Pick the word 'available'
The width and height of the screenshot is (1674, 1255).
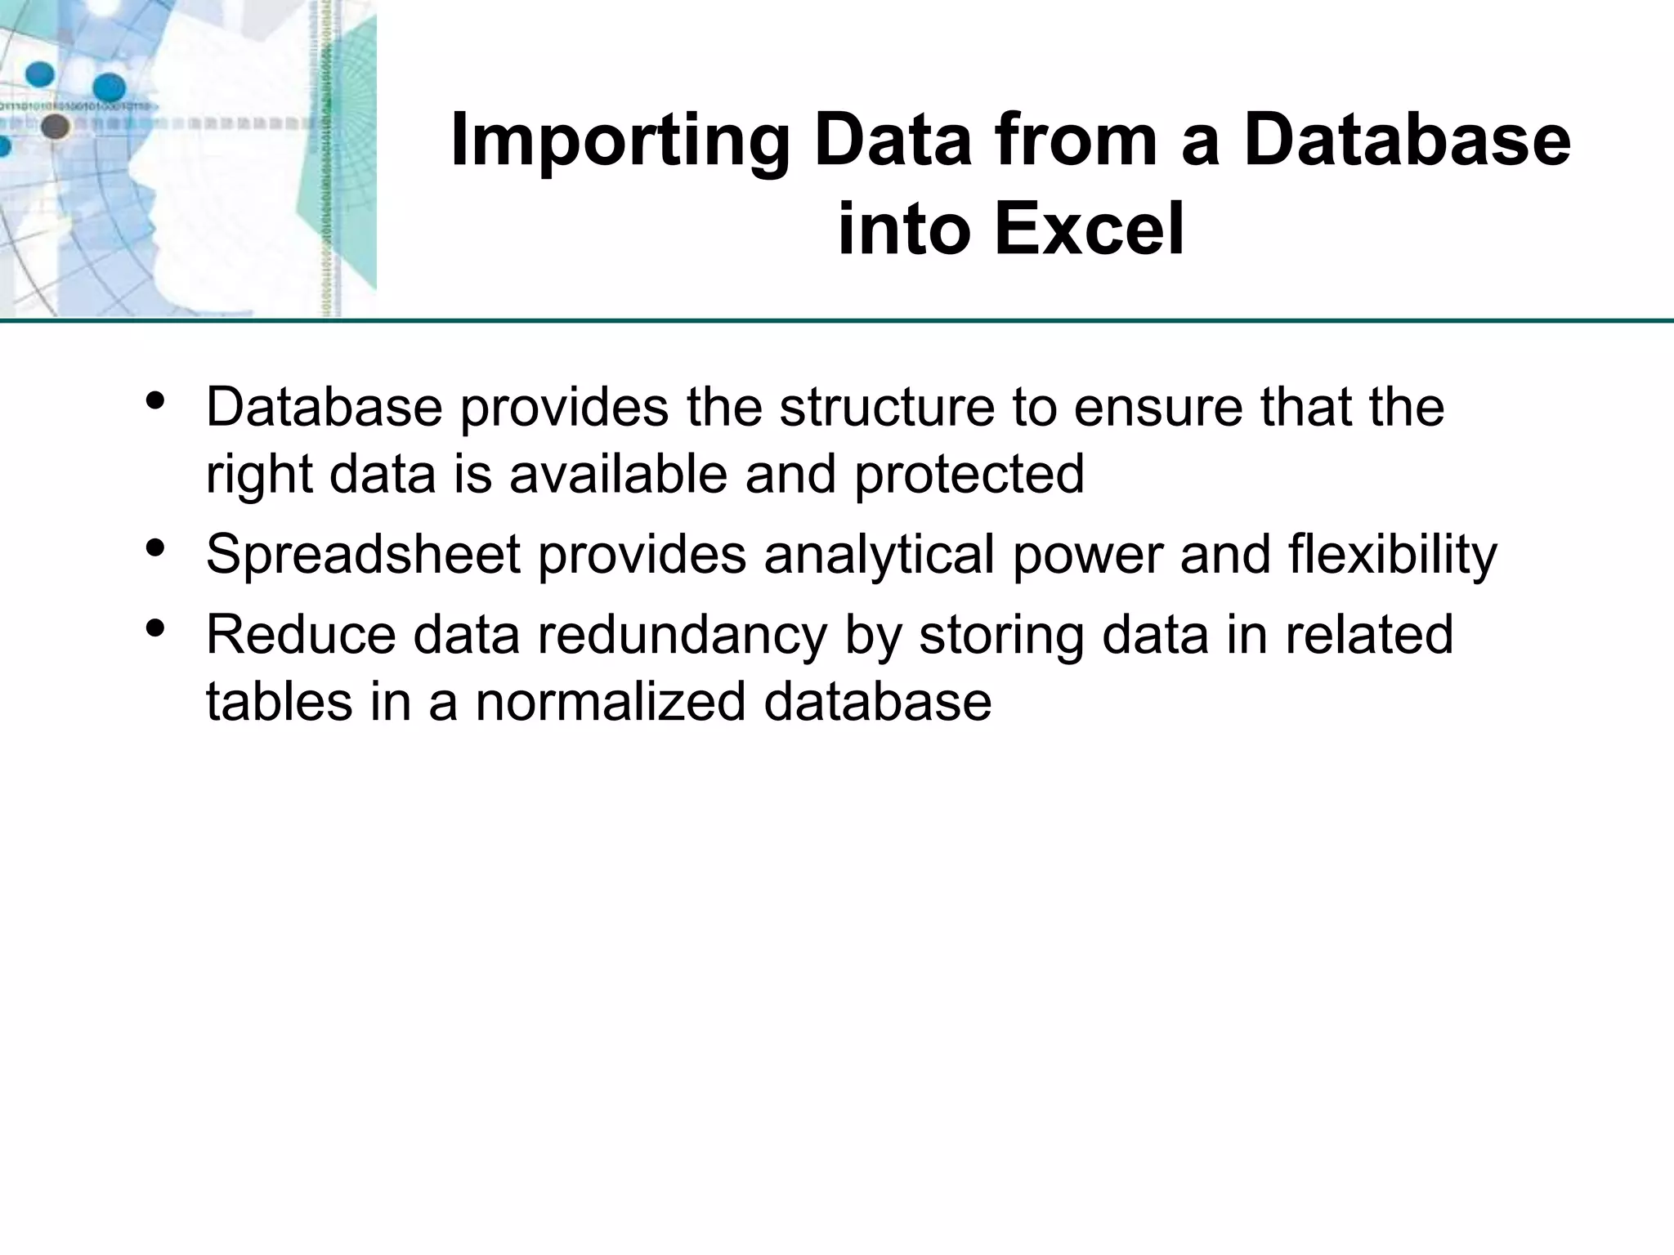(618, 474)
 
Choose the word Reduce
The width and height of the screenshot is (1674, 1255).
(300, 636)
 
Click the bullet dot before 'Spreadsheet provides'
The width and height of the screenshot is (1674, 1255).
(154, 547)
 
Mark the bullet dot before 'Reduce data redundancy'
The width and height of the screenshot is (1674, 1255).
(154, 627)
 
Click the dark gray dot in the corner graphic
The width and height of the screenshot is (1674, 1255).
(55, 127)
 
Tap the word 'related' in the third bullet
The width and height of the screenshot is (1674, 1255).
(1369, 636)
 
